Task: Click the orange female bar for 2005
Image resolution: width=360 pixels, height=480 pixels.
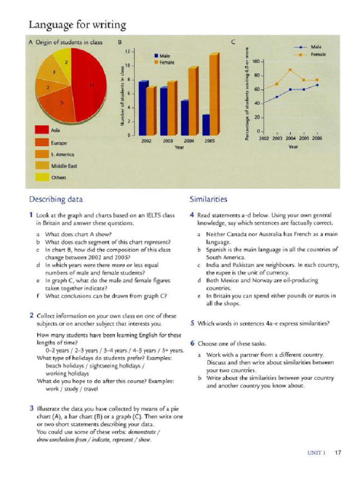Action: pyautogui.click(x=214, y=94)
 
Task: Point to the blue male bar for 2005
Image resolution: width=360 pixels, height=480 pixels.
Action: pyautogui.click(x=206, y=124)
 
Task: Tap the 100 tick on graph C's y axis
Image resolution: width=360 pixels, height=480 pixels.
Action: pyautogui.click(x=256, y=61)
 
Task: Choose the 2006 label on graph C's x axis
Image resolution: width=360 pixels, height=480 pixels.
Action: pyautogui.click(x=317, y=139)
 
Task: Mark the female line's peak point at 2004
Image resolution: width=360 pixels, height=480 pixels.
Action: pyautogui.click(x=290, y=70)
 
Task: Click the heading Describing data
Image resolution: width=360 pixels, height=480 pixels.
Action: pyautogui.click(x=56, y=199)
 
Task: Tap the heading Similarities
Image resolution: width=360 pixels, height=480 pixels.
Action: pyautogui.click(x=208, y=199)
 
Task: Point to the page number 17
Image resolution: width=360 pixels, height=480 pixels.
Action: pyautogui.click(x=337, y=453)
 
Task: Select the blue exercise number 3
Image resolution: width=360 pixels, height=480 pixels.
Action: pyautogui.click(x=31, y=408)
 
